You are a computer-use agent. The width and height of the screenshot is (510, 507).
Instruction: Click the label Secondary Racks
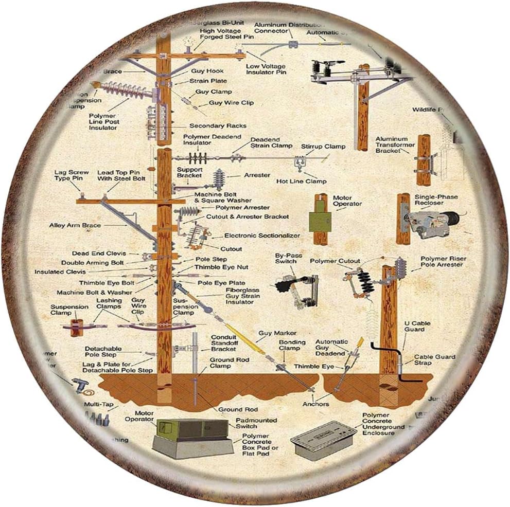pyautogui.click(x=218, y=125)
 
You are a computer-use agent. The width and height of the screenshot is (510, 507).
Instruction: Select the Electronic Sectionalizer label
pyautogui.click(x=262, y=236)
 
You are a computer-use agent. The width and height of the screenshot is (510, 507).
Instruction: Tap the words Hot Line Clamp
pyautogui.click(x=301, y=182)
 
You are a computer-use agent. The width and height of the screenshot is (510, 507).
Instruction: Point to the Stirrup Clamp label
pyautogui.click(x=323, y=147)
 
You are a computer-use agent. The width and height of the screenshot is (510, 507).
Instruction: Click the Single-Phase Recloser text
pyautogui.click(x=436, y=200)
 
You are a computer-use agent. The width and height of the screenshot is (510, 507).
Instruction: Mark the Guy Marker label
pyautogui.click(x=277, y=333)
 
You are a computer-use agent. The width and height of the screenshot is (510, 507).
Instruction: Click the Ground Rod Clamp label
pyautogui.click(x=229, y=364)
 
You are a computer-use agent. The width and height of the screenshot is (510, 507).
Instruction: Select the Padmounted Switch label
pyautogui.click(x=256, y=423)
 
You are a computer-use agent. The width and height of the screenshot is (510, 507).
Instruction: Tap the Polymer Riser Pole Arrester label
pyautogui.click(x=441, y=262)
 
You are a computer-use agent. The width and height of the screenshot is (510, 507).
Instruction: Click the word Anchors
pyautogui.click(x=316, y=404)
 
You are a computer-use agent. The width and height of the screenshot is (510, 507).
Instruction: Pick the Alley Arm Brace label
pyautogui.click(x=75, y=225)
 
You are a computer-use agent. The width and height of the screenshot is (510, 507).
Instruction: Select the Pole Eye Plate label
pyautogui.click(x=221, y=283)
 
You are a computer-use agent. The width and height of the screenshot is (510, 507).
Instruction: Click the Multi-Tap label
pyautogui.click(x=99, y=405)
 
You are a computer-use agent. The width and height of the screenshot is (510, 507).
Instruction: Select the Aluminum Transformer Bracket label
pyautogui.click(x=395, y=145)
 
